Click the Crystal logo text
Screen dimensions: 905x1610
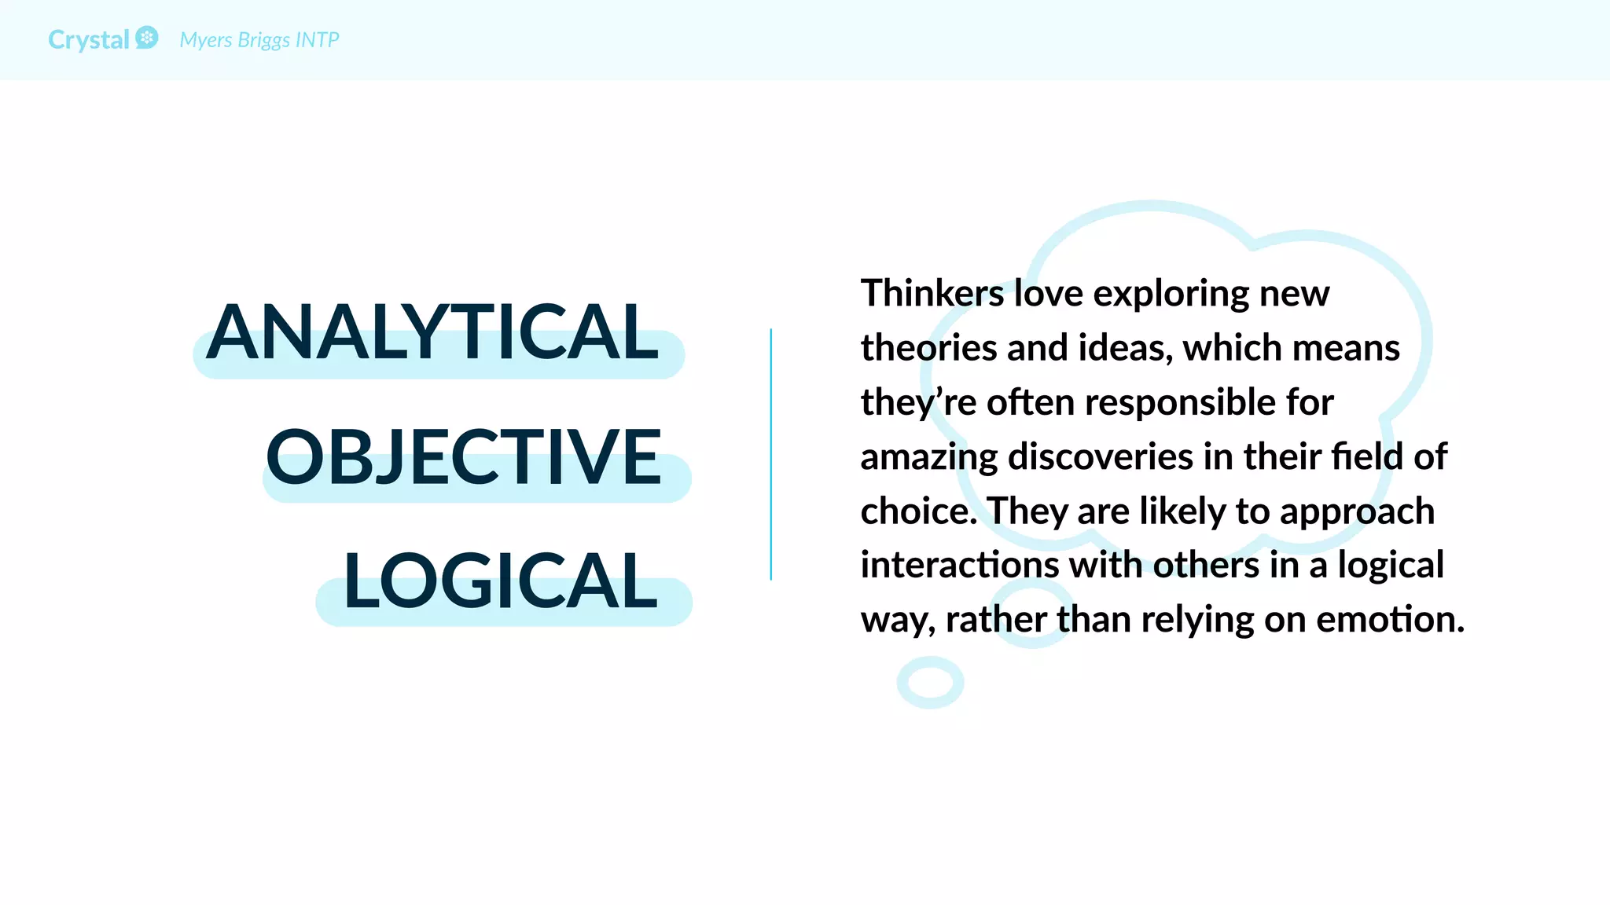(88, 40)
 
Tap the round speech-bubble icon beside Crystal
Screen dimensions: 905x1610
(147, 38)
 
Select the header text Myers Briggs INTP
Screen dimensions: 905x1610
(259, 40)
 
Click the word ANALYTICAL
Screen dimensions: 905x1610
(433, 333)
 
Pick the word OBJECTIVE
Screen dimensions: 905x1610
(464, 457)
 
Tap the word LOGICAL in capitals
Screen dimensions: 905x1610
(501, 581)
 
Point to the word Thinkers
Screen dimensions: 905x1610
(932, 294)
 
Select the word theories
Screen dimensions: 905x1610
(928, 348)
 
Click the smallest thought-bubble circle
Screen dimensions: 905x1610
(930, 683)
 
